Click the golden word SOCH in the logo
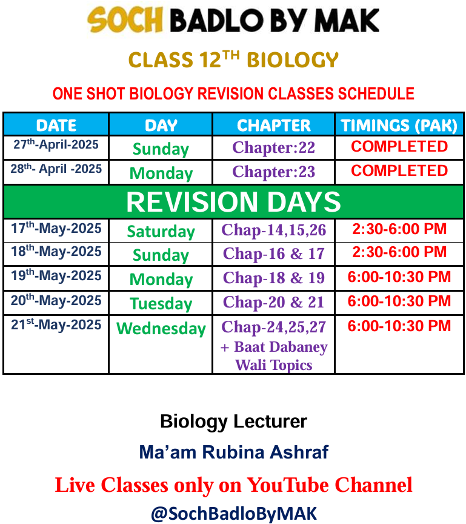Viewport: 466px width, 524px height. (125, 20)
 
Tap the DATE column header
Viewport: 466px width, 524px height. (56, 126)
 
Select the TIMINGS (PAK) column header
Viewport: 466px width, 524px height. (399, 126)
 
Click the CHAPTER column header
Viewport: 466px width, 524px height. (273, 126)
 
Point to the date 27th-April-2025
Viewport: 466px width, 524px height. (56, 144)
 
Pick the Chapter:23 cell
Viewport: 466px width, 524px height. (273, 172)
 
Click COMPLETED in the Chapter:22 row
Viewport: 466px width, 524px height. (399, 146)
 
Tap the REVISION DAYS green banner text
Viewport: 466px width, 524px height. (233, 202)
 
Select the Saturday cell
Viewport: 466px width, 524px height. (161, 232)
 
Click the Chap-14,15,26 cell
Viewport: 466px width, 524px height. (273, 230)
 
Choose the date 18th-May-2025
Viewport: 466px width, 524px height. (56, 251)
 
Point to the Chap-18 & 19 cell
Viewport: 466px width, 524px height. (273, 278)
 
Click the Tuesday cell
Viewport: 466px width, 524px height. (161, 304)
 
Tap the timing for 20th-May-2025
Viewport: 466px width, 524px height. (399, 301)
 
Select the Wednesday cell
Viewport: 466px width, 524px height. (161, 329)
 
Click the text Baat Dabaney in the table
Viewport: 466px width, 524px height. (281, 347)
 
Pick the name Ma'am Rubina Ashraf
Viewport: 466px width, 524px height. (234, 452)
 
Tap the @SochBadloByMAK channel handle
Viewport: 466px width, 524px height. (234, 514)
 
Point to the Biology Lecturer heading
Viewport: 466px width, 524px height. (233, 422)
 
